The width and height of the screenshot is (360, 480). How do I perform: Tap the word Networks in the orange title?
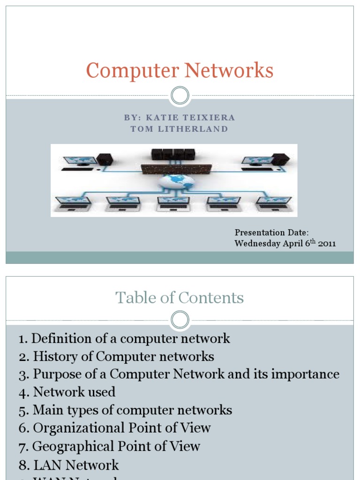click(229, 71)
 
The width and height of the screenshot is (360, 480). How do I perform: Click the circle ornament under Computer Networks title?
click(180, 96)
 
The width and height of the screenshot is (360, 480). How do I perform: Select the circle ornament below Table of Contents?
click(180, 321)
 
